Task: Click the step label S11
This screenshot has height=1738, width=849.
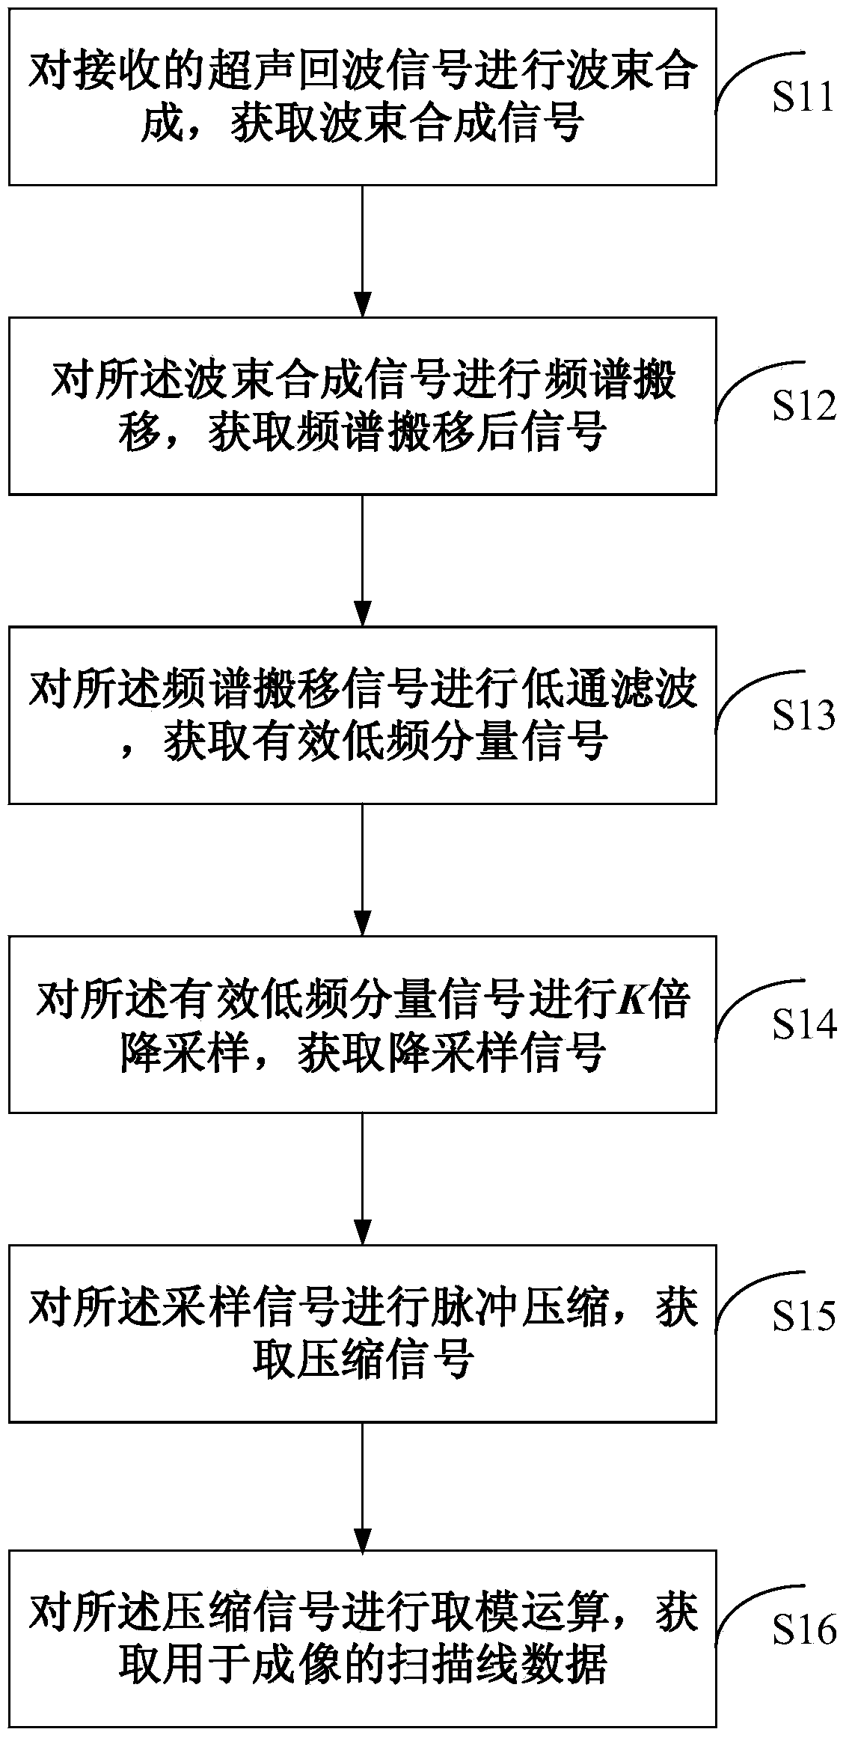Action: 803,98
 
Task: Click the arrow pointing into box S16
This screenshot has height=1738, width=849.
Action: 362,1487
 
